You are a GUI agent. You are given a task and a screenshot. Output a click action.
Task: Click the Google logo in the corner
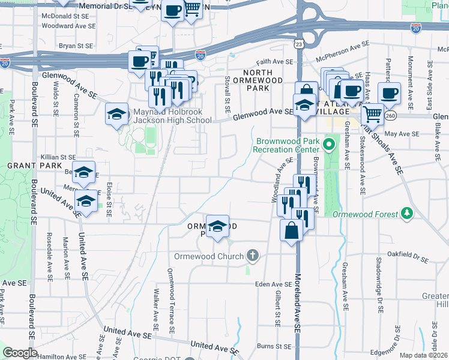coord(20,353)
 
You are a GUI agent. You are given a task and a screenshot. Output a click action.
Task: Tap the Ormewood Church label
coord(209,256)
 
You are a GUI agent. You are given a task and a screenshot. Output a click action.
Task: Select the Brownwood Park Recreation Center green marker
coord(329,145)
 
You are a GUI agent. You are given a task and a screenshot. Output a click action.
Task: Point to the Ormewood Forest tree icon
coord(407,214)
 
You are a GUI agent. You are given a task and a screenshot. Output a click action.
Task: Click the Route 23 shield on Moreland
coord(298,44)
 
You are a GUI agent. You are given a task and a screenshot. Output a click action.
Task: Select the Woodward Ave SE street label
coord(68,26)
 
